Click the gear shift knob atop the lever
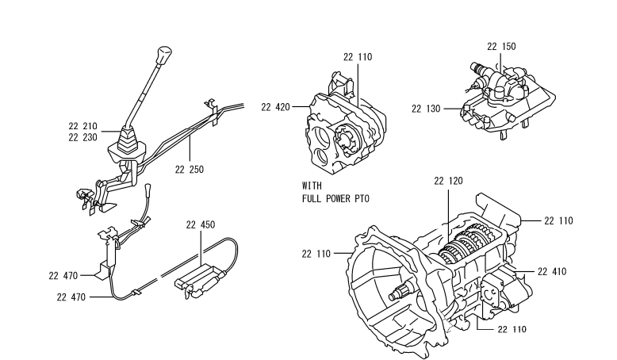tap(164, 56)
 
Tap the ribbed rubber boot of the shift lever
tap(128, 140)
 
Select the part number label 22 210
tap(82, 126)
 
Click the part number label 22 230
tap(82, 138)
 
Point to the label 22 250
tap(190, 170)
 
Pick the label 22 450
tap(201, 224)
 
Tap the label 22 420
tap(275, 107)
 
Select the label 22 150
tap(501, 47)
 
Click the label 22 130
tap(426, 109)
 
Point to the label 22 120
tap(449, 181)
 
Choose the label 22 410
tap(552, 271)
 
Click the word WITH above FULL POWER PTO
tap(312, 186)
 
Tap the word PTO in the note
tap(362, 199)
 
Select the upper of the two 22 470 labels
tap(63, 276)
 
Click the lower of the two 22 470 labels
tap(71, 297)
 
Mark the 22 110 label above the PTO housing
tap(358, 57)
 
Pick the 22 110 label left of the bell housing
tap(316, 255)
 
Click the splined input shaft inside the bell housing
tap(402, 292)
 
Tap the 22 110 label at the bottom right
tap(512, 329)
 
